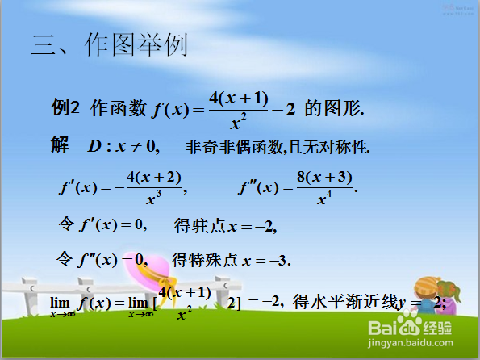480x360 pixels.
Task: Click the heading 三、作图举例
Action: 109,44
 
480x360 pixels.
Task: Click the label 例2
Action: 66,107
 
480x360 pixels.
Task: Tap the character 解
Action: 60,145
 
